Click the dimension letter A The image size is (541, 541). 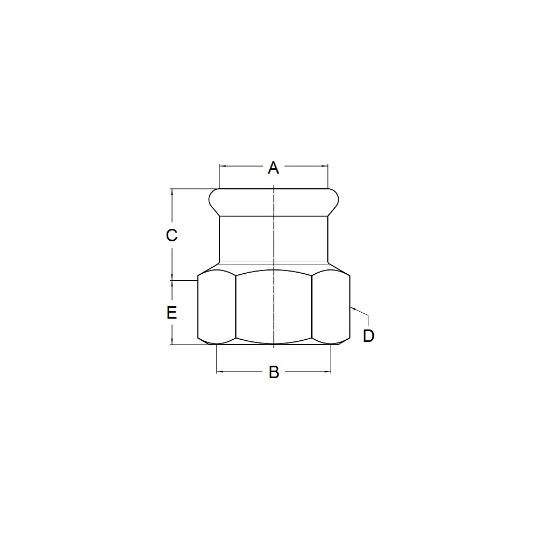pos(273,168)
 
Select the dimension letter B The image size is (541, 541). pos(274,372)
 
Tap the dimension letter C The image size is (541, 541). pos(171,235)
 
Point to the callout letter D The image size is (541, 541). pos(368,336)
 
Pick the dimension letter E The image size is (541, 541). pos(171,313)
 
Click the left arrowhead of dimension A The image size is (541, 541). pos(222,166)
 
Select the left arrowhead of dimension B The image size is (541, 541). pos(220,372)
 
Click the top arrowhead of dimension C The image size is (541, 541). pos(171,192)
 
